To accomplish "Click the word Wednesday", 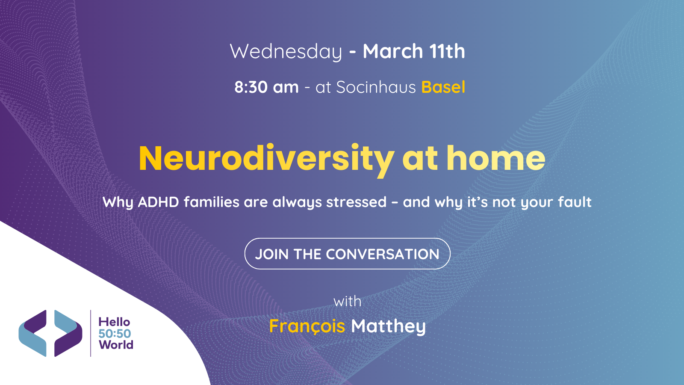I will pos(286,52).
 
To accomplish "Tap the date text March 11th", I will pos(413,52).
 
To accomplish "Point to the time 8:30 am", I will pos(266,87).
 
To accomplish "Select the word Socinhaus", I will pos(376,87).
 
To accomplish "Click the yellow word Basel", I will pos(443,87).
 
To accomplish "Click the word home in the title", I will pos(496,158).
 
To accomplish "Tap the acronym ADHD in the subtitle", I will pos(158,202).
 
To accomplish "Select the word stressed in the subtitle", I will pos(356,202).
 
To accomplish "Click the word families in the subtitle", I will pos(212,202).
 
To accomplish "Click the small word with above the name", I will pos(347,302).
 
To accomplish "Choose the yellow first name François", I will pos(307,326).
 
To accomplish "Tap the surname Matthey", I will pos(388,327).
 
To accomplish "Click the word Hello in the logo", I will pos(114,322).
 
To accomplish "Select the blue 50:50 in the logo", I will pos(115,333).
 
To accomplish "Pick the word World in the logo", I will pos(116,345).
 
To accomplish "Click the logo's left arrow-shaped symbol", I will pos(32,333).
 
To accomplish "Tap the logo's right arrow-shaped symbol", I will pos(68,333).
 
